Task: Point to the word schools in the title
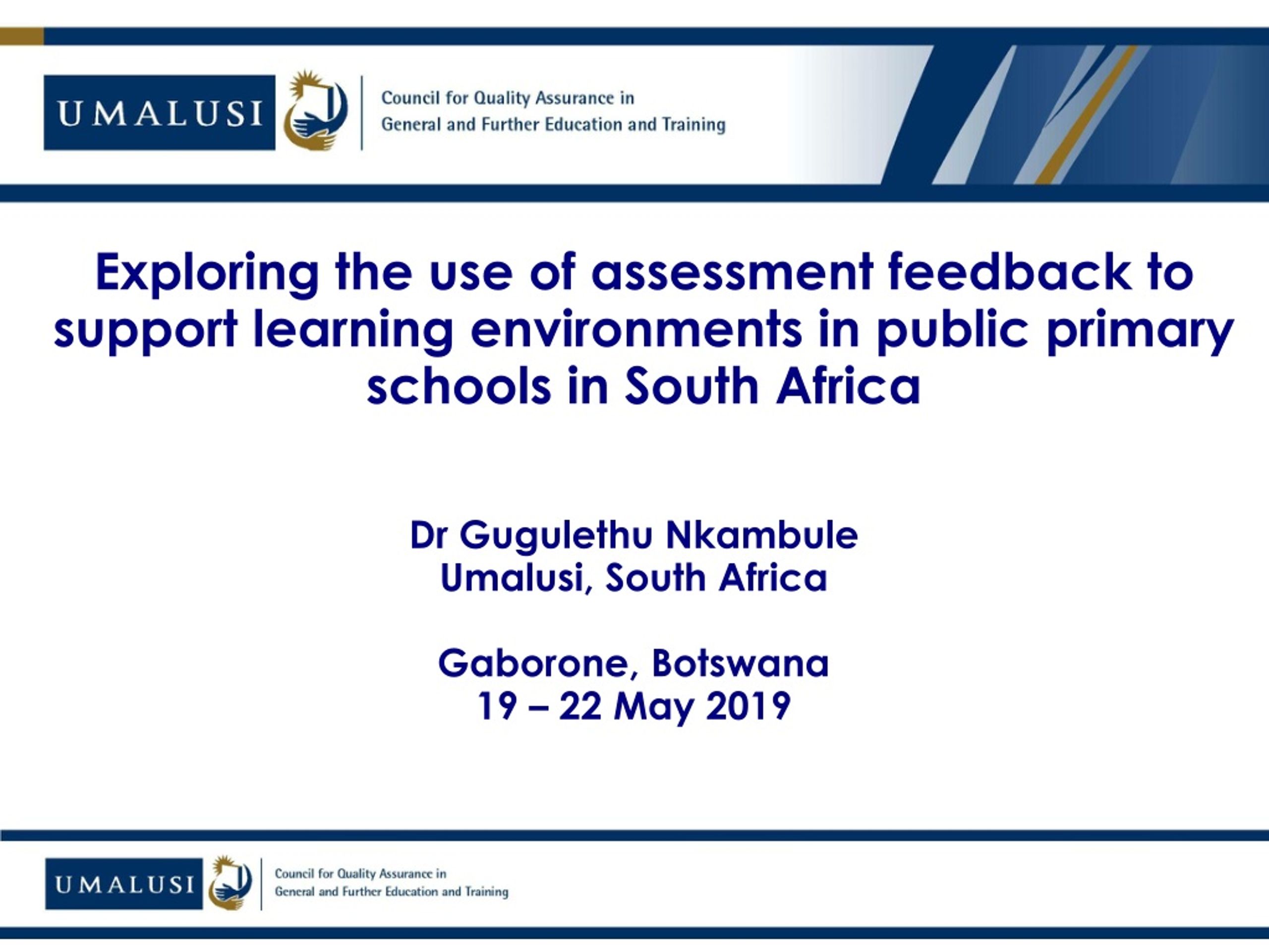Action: [x=459, y=386]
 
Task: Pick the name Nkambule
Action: [x=762, y=535]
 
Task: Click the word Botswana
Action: [x=740, y=663]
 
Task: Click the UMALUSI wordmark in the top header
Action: [x=160, y=112]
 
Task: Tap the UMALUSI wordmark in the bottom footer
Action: [x=124, y=884]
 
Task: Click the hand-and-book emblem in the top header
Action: [x=316, y=111]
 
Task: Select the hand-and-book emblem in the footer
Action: [x=230, y=883]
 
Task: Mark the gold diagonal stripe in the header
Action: [x=1086, y=114]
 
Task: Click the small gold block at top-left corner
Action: [x=22, y=36]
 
